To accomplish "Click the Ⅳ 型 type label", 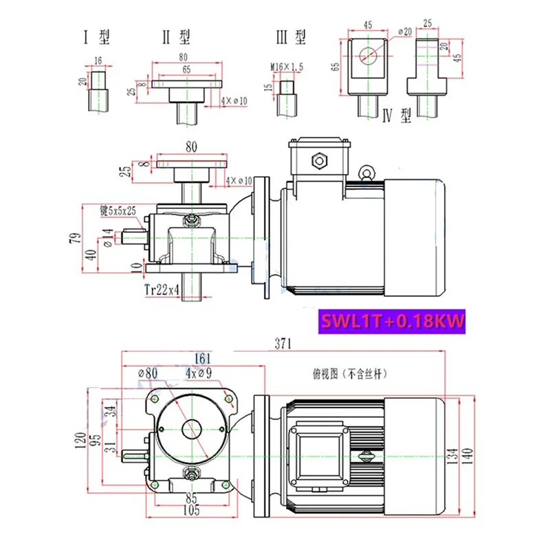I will tap(395, 117).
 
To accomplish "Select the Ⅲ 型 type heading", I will tap(290, 37).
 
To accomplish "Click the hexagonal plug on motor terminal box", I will tap(320, 161).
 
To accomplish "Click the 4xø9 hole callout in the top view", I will tap(199, 373).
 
